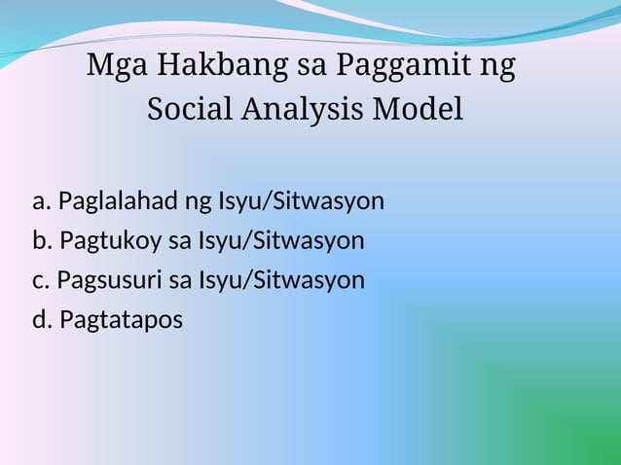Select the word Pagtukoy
tap(105, 241)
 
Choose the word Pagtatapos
tap(121, 320)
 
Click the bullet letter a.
tap(40, 202)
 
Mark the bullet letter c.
tap(40, 280)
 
